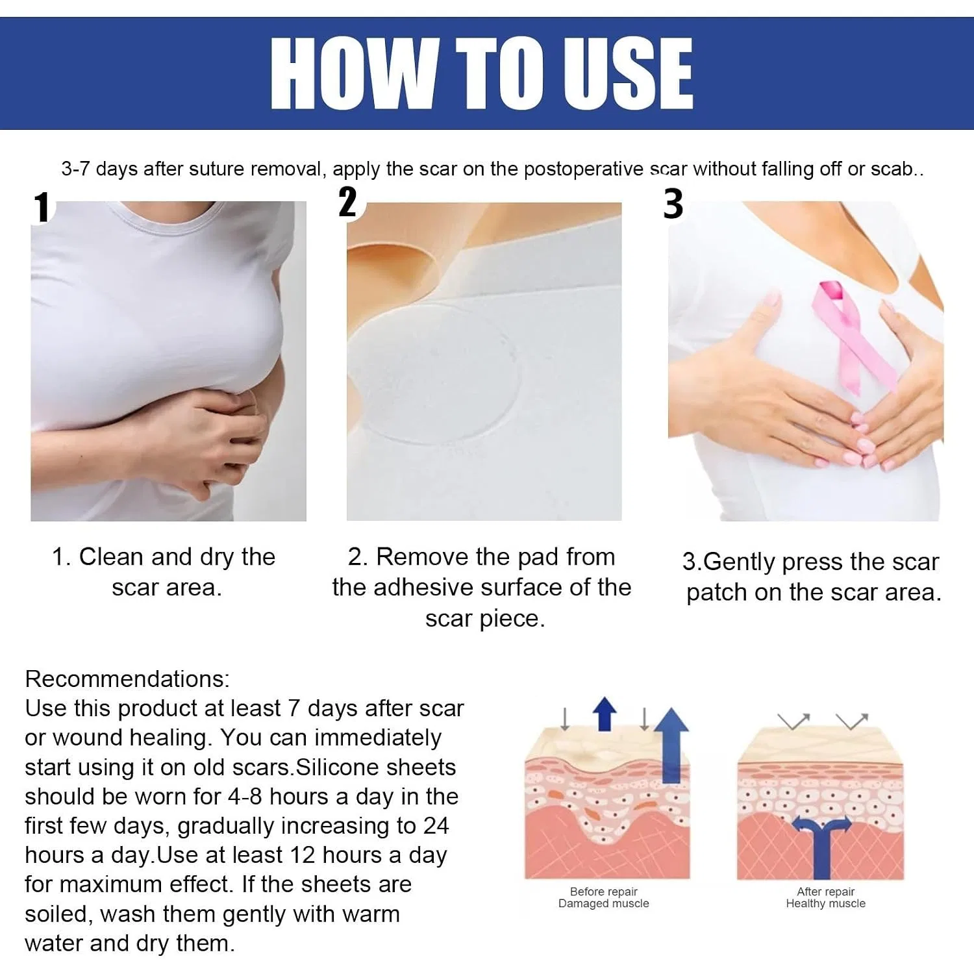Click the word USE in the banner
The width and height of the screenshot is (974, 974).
point(628,73)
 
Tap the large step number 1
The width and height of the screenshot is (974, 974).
point(42,207)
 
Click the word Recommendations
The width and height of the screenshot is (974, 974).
point(127,679)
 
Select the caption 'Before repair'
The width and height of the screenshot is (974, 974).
point(604,892)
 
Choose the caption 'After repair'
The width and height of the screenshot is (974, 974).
point(826,892)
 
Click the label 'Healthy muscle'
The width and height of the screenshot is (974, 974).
point(826,903)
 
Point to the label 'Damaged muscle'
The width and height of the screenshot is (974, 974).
point(604,903)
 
